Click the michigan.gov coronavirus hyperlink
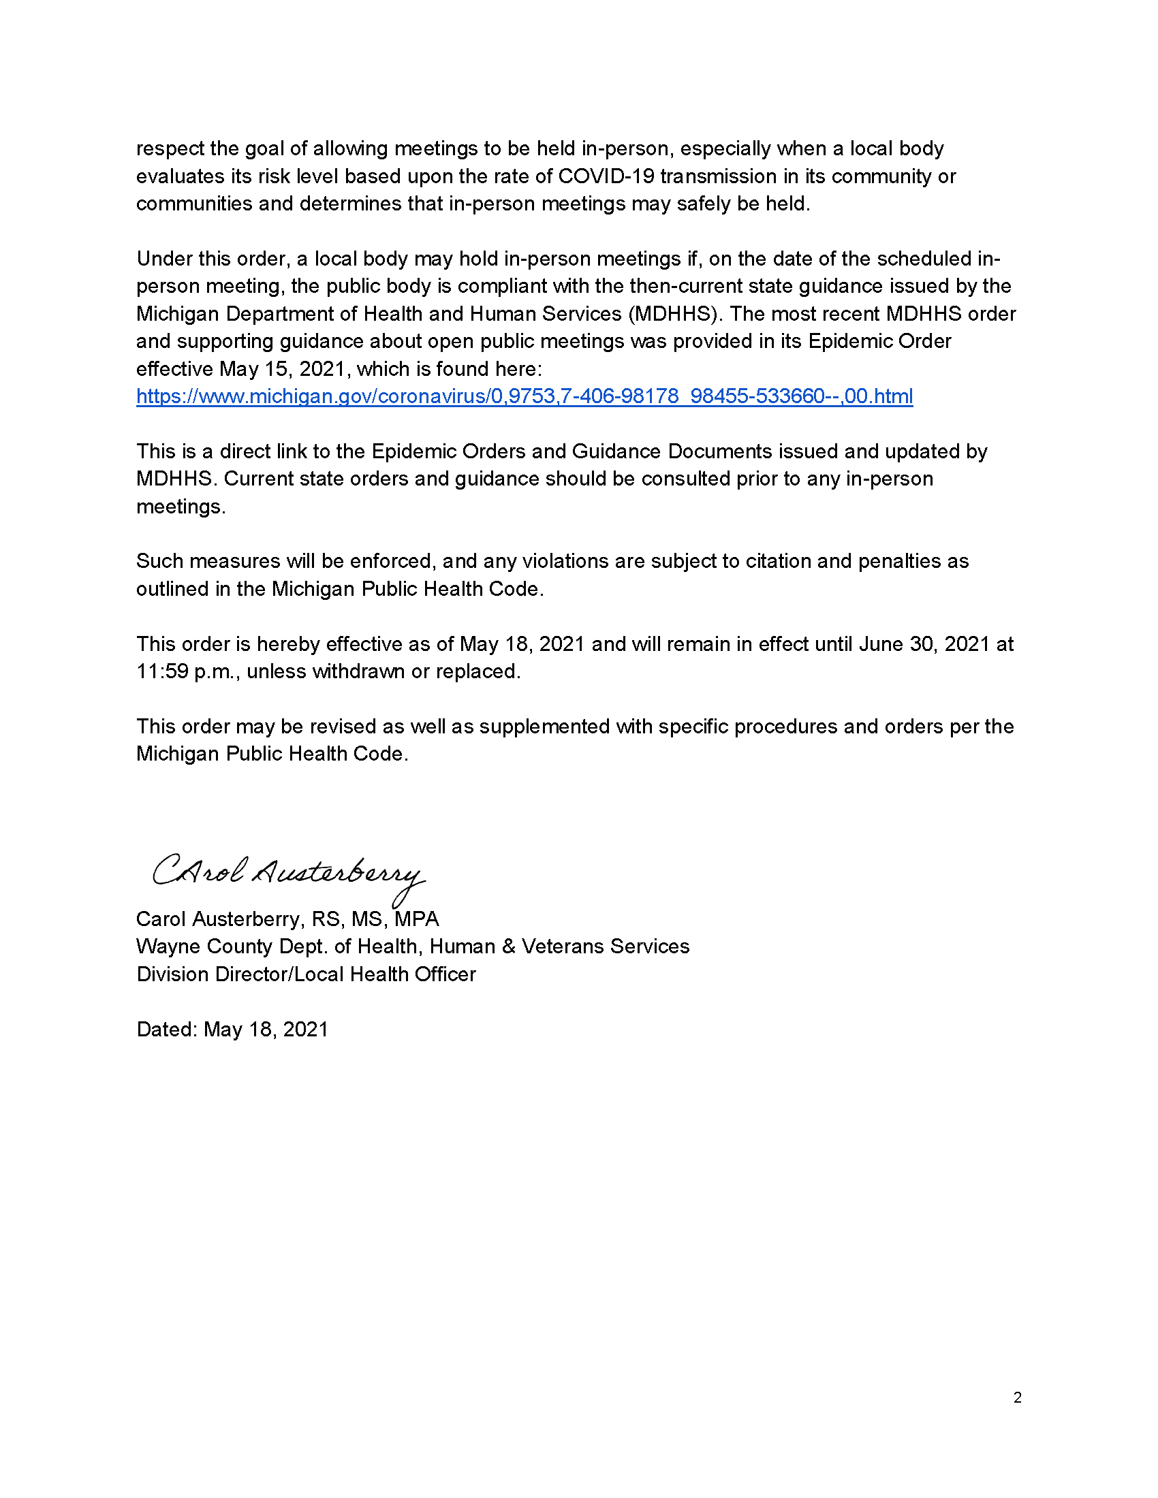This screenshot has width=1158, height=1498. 524,396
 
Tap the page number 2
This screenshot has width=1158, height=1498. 1017,1397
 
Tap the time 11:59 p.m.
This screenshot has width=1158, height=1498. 183,671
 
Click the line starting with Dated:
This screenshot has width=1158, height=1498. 232,1030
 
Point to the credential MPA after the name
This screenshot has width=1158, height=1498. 416,919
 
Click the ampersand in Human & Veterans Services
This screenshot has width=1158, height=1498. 508,946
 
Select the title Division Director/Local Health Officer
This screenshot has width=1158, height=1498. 306,974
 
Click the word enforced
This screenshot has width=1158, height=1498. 391,561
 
